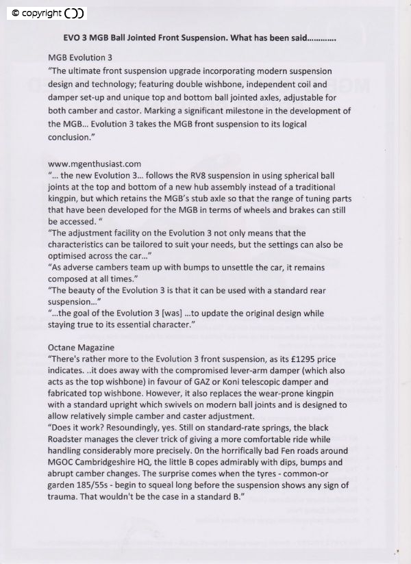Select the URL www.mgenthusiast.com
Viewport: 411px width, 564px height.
point(95,164)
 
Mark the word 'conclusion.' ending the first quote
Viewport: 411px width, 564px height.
point(70,136)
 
